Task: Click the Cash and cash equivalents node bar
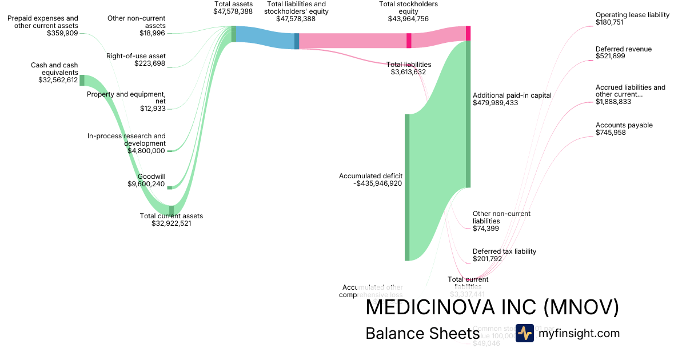pyautogui.click(x=82, y=80)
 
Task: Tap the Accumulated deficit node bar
pyautogui.click(x=407, y=187)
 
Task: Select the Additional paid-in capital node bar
pyautogui.click(x=468, y=114)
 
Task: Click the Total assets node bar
pyautogui.click(x=233, y=34)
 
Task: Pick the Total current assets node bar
pyautogui.click(x=171, y=210)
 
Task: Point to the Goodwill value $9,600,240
pyautogui.click(x=146, y=184)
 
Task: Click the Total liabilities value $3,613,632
pyautogui.click(x=408, y=72)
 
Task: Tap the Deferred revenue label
pyautogui.click(x=623, y=49)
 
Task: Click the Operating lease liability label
pyautogui.click(x=632, y=15)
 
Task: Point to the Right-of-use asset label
pyautogui.click(x=136, y=55)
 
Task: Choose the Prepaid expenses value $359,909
pyautogui.click(x=62, y=33)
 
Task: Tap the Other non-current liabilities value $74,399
pyautogui.click(x=486, y=229)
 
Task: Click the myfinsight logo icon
pyautogui.click(x=525, y=333)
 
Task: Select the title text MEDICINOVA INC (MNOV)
pyautogui.click(x=492, y=307)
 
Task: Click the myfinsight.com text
pyautogui.click(x=579, y=333)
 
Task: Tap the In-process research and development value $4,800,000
pyautogui.click(x=146, y=151)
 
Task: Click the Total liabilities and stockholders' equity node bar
pyautogui.click(x=297, y=41)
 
